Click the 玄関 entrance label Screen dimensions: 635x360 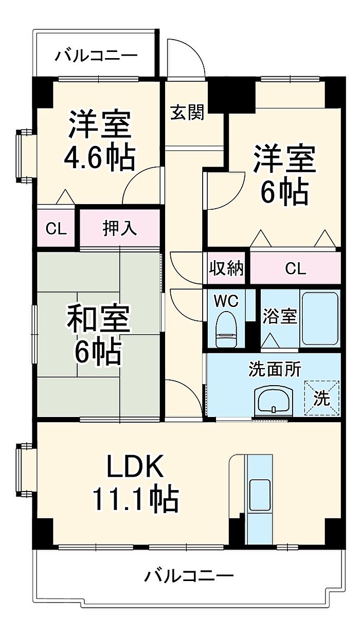[x=187, y=112]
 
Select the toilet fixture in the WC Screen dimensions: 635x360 [x=226, y=331]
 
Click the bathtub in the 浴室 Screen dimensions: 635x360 [x=320, y=319]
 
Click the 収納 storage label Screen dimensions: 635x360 [x=226, y=268]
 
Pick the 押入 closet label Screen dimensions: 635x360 [x=120, y=228]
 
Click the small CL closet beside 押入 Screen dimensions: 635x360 [x=56, y=228]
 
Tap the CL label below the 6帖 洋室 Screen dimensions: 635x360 [x=295, y=268]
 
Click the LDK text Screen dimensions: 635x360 [x=135, y=467]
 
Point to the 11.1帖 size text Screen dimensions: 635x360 [x=135, y=498]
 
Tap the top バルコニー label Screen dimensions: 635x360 [x=97, y=54]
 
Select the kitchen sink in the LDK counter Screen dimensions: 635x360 [x=259, y=496]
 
